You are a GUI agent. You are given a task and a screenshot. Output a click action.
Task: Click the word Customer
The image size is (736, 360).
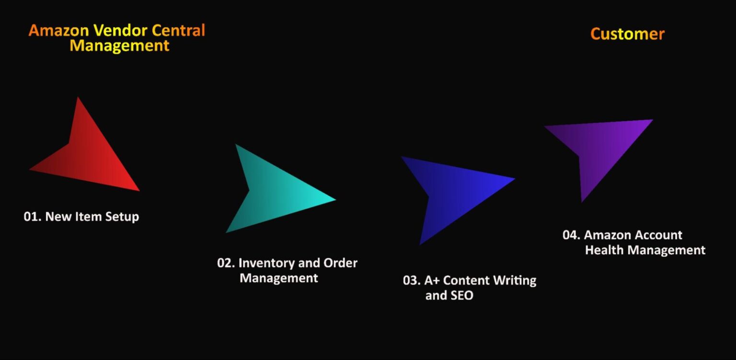click(x=627, y=34)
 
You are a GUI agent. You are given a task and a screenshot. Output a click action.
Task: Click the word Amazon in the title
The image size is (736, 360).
click(x=58, y=31)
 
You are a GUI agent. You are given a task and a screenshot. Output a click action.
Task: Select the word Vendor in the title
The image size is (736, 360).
click(x=120, y=31)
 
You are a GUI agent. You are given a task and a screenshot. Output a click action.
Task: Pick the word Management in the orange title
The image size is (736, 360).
click(x=119, y=46)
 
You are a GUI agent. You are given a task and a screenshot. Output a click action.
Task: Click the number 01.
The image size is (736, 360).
click(x=32, y=217)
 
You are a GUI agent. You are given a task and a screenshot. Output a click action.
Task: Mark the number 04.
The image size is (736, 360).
click(x=571, y=235)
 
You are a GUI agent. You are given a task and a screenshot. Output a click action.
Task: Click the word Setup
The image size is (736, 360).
click(x=122, y=217)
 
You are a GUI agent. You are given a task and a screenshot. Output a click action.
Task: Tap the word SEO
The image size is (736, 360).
click(x=462, y=296)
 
